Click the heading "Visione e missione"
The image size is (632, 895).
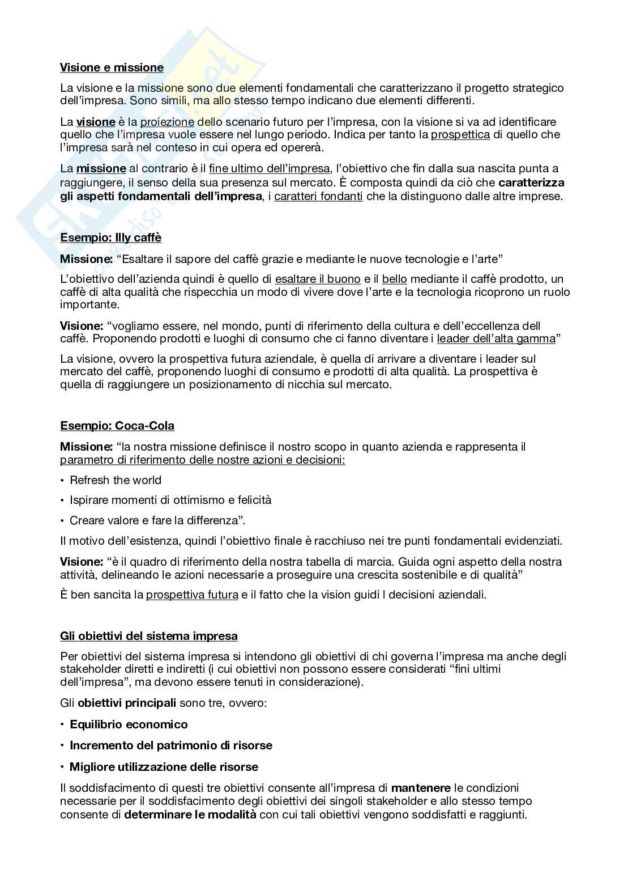[x=112, y=67]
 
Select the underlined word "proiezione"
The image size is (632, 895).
[x=167, y=122]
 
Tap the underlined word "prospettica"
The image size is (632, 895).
[x=460, y=135]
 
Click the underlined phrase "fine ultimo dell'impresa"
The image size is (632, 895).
[x=269, y=168]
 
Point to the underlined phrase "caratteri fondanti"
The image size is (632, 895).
[x=318, y=197]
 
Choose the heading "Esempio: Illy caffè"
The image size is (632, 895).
[x=110, y=237]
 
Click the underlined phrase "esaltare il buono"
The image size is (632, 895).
[x=317, y=279]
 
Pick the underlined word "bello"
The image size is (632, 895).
[x=395, y=279]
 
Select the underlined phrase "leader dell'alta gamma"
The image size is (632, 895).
[x=496, y=339]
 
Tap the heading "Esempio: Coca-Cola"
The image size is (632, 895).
[x=117, y=426]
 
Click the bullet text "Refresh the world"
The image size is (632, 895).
[x=116, y=480]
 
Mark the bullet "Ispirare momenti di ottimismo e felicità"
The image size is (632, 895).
[x=170, y=500]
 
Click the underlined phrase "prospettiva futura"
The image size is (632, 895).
[x=192, y=595]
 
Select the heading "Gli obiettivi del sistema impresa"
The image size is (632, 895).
[x=149, y=636]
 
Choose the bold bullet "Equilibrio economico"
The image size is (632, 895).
[x=129, y=724]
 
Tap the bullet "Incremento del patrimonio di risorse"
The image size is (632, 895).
[x=170, y=745]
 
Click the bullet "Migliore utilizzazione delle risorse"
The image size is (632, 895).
[x=164, y=767]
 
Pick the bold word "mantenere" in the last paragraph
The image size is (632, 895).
[x=421, y=788]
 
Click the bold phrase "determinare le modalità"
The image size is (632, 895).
[x=190, y=815]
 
